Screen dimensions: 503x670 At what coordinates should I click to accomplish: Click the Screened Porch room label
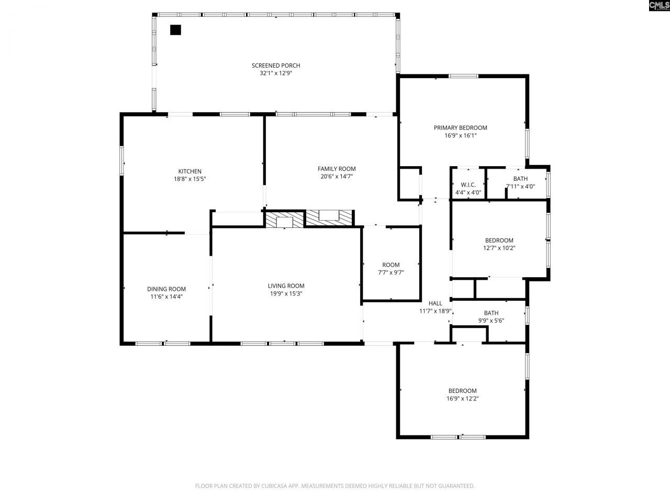point(276,65)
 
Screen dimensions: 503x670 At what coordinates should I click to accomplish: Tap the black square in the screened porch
point(175,30)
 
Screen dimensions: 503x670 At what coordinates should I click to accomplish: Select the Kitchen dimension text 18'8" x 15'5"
point(189,179)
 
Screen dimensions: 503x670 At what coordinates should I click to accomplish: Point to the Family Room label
point(337,169)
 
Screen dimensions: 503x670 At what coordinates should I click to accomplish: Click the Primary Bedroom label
point(460,128)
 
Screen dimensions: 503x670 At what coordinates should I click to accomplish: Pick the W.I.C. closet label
point(468,185)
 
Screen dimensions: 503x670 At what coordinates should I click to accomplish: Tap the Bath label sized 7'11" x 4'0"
point(520,179)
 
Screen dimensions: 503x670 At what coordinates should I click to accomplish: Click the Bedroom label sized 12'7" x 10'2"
point(499,240)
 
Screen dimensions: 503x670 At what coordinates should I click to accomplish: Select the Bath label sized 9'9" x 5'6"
point(491,313)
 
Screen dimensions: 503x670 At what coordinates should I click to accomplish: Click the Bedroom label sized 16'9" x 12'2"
point(462,391)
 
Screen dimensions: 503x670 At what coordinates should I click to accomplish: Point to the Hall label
point(435,303)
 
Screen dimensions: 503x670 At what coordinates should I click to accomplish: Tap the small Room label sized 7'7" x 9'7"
point(390,265)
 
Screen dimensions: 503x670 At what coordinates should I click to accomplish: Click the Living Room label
point(286,286)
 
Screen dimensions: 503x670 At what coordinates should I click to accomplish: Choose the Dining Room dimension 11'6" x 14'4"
point(166,297)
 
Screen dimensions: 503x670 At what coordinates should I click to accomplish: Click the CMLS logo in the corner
point(658,6)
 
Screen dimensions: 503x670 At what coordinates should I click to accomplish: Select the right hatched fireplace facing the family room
point(329,217)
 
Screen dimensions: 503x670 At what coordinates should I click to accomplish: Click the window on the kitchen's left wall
point(122,161)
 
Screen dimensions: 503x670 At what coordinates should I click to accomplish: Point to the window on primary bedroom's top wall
point(463,76)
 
